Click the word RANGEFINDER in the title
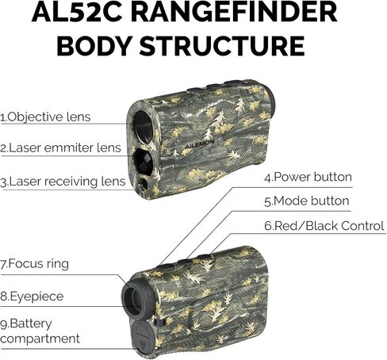tap(234, 12)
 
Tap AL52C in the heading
tap(77, 12)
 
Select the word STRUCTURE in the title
tap(222, 46)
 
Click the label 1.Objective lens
tap(45, 117)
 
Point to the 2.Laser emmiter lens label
tap(60, 147)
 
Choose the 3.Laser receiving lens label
tap(63, 182)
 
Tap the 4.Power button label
tap(308, 177)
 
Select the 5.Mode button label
tap(307, 201)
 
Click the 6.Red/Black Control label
tap(324, 226)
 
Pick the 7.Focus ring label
tap(34, 264)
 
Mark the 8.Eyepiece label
tap(32, 297)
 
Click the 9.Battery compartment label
tap(40, 331)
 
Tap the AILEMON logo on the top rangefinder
tap(199, 144)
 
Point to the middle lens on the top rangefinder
tap(143, 161)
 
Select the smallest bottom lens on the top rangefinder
tap(144, 183)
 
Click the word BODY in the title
tap(94, 46)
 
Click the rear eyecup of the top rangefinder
tap(270, 101)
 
